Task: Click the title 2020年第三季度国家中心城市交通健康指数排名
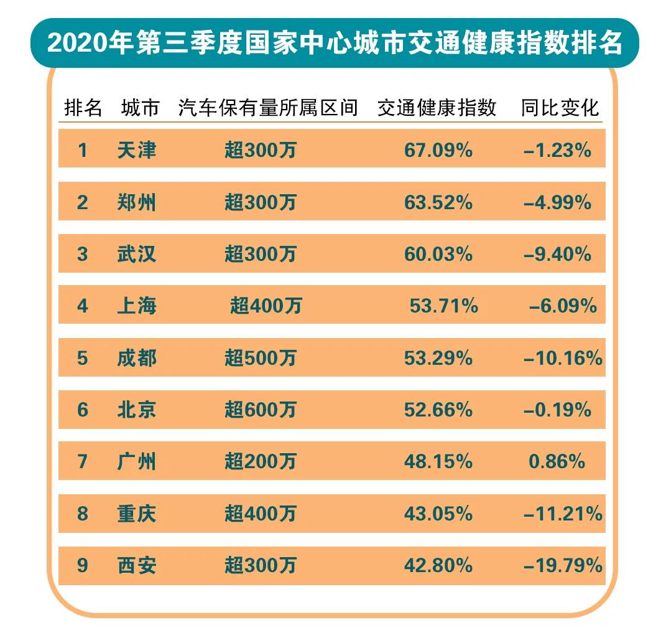coord(334,43)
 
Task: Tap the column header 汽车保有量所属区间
coord(268,108)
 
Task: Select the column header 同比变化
coord(560,108)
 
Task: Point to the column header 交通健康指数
coord(437,108)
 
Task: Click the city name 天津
coord(137,150)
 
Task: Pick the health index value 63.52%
coord(439,202)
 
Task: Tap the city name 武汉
coord(137,254)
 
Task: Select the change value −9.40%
coord(558,254)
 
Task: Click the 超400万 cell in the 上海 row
coord(266,306)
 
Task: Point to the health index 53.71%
coord(444,306)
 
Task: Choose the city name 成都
coord(137,358)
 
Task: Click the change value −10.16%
coord(563,358)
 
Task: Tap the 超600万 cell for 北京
coord(261,410)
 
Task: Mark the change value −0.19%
coord(558,410)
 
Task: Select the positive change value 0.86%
coord(557,461)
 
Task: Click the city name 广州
coord(137,461)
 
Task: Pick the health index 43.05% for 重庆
coord(439,514)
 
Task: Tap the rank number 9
coord(83,565)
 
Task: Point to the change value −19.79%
coord(563,565)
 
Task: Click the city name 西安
coord(137,565)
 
